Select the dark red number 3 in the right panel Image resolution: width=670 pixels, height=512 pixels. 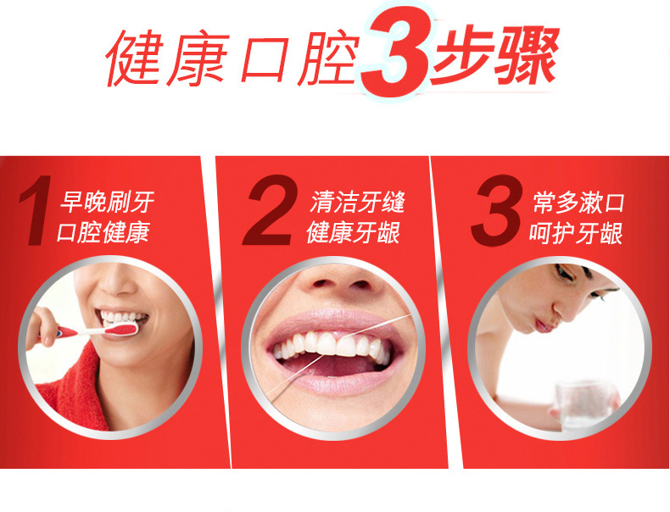[x=496, y=210]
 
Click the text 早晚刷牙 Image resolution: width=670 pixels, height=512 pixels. [x=107, y=202]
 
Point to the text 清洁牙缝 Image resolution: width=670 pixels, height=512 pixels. [x=357, y=202]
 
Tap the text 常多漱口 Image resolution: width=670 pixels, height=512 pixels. [x=578, y=203]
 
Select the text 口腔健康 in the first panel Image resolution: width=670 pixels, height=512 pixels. [x=103, y=232]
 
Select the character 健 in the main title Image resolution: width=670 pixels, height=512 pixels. [x=133, y=58]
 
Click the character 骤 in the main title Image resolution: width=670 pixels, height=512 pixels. [x=526, y=54]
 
